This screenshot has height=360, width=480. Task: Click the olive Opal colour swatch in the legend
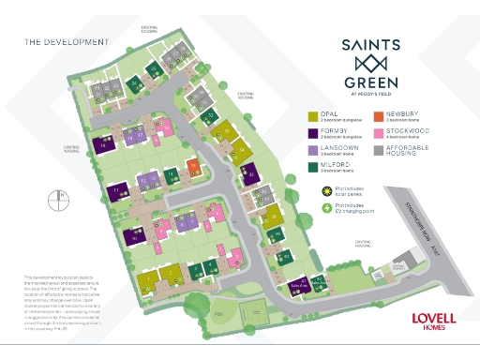pos(313,117)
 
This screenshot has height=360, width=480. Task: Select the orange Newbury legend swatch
pos(379,117)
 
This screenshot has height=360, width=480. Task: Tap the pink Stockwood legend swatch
pos(379,133)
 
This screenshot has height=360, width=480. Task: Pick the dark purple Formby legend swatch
pos(313,133)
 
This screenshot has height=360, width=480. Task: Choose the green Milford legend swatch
pos(313,166)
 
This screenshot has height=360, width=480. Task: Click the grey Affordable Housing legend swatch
pos(379,149)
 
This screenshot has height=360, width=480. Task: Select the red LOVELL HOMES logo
pos(433,319)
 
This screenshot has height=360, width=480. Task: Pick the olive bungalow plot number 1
pos(146,280)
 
